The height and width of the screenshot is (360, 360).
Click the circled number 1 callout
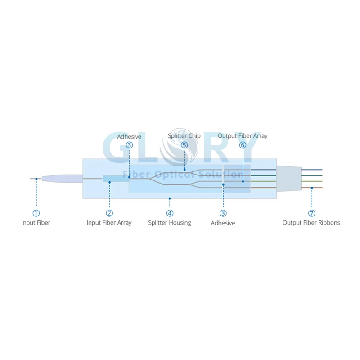36,213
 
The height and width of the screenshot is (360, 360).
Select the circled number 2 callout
109,213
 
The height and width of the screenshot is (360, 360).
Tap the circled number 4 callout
170,213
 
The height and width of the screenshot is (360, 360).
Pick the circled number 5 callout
184,145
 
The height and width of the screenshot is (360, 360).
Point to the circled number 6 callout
243,145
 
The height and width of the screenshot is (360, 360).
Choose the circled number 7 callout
311,213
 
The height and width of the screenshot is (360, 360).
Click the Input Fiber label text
36,223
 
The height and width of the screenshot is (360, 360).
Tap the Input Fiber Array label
109,223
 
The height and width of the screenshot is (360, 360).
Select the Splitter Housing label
170,223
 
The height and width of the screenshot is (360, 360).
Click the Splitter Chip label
184,136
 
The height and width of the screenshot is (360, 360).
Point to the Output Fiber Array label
243,136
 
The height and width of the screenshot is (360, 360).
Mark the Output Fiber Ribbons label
311,223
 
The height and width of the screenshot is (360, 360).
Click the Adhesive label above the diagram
129,137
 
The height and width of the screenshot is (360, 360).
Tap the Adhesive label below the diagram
223,223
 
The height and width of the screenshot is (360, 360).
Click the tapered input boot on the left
62,179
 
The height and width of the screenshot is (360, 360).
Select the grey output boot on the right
289,179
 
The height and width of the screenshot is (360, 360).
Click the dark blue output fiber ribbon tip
322,170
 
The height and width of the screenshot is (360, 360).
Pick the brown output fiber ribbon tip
322,188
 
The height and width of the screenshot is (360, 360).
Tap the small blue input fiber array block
116,179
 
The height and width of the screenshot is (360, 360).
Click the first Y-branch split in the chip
150,178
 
